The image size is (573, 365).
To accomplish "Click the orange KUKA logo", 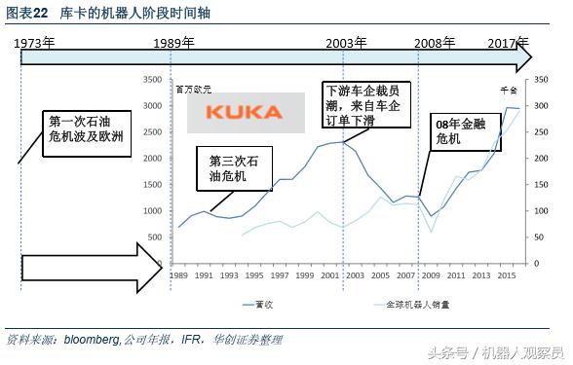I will point(242,112).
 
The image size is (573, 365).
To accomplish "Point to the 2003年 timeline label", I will point(347,44).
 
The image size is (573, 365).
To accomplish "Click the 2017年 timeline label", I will point(508,44).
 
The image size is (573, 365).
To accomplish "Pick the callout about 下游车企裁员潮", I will point(365,105).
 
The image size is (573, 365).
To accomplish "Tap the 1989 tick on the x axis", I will point(177,275).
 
